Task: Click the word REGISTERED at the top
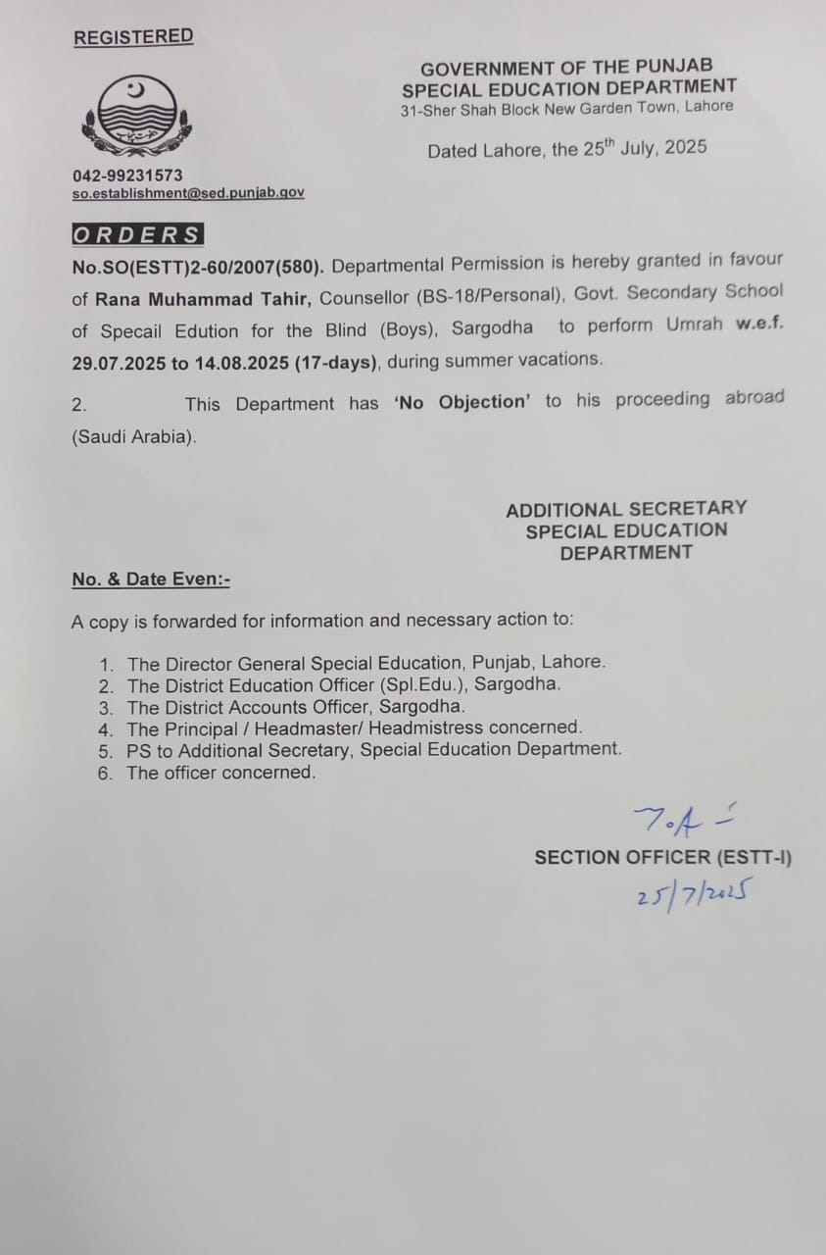click(133, 37)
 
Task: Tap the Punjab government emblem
click(136, 117)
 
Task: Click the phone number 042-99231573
click(127, 176)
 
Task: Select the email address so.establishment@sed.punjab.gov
click(188, 193)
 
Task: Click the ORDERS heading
click(137, 235)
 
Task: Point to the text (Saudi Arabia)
click(134, 437)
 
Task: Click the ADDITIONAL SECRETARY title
click(626, 509)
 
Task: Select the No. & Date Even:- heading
click(151, 579)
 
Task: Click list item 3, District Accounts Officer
click(296, 707)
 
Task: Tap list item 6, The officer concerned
click(221, 773)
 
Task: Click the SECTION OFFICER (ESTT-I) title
click(663, 857)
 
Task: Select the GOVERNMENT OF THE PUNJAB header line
click(566, 69)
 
